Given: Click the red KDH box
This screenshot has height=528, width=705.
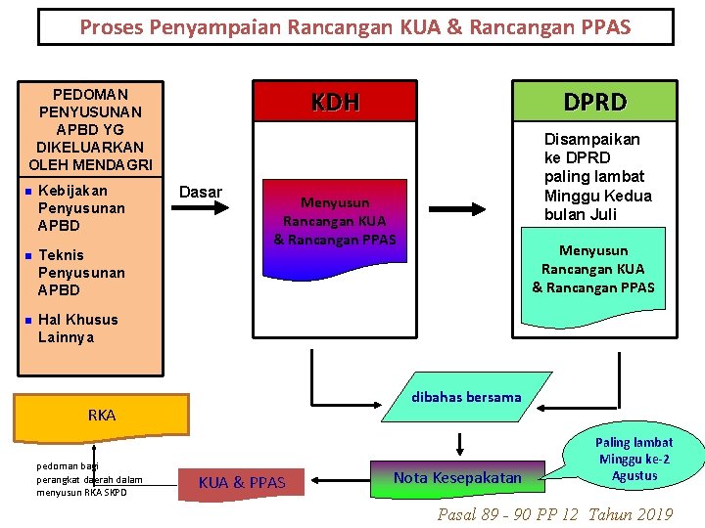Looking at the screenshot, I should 335,102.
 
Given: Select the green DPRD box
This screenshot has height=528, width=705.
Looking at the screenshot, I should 594,102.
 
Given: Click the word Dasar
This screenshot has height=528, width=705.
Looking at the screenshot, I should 201,192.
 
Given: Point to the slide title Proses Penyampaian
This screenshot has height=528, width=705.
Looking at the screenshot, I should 355,27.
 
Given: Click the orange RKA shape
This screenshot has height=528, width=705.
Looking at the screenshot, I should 102,415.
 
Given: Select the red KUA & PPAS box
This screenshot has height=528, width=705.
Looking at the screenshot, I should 242,481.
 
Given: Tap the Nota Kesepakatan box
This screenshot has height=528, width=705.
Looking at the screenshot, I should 457,477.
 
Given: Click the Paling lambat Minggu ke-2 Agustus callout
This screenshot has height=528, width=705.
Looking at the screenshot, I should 634,459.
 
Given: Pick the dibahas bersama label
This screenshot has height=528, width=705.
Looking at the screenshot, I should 466,397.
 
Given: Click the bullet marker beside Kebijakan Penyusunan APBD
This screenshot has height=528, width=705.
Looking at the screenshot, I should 29,191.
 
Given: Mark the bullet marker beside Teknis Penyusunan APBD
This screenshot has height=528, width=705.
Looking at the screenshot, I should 29,255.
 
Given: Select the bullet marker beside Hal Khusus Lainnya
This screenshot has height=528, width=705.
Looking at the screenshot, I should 29,320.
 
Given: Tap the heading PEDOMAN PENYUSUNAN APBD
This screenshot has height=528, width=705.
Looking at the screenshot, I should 90,129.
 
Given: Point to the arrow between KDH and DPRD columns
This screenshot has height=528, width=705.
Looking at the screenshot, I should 472,208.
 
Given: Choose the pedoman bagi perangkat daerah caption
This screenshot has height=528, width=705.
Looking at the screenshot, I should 89,478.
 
